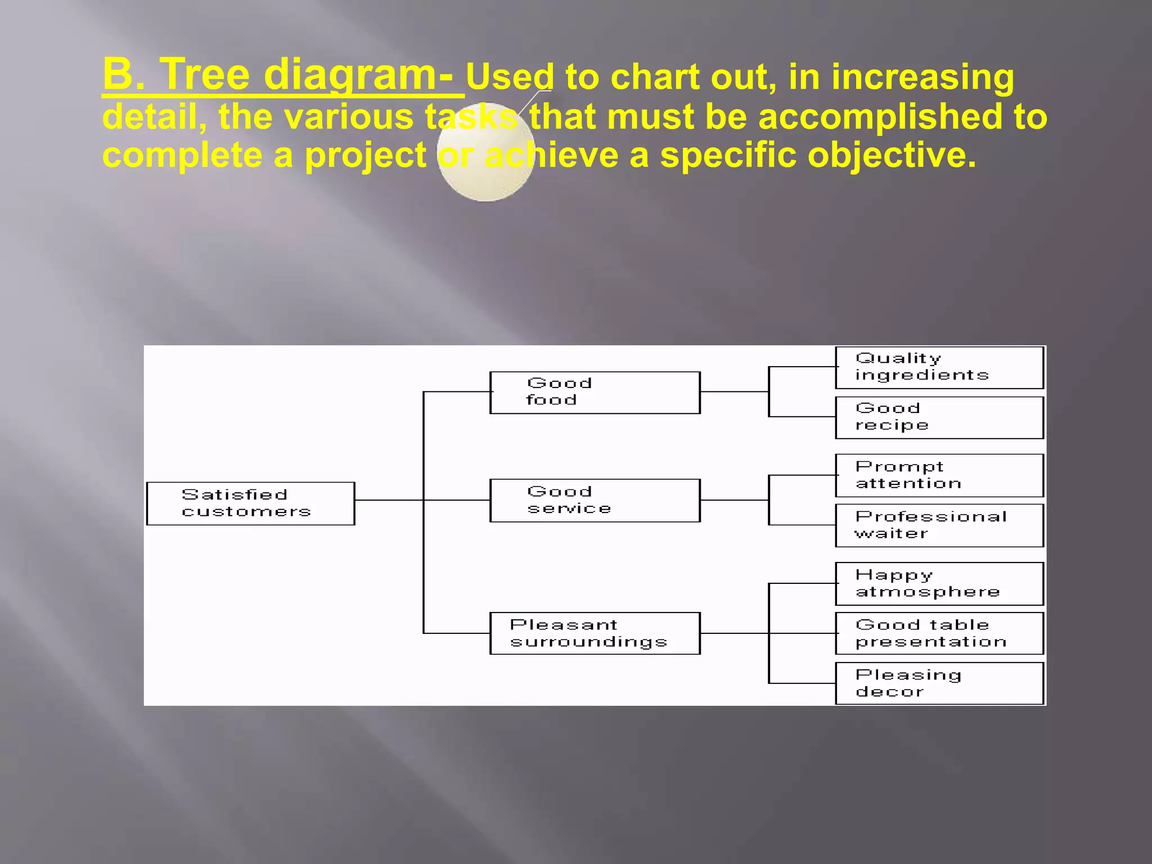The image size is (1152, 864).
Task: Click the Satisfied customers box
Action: pyautogui.click(x=250, y=503)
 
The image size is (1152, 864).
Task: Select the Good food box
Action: pyautogui.click(x=595, y=393)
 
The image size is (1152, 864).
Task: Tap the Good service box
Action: pyautogui.click(x=595, y=501)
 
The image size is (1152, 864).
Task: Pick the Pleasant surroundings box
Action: pyautogui.click(x=595, y=633)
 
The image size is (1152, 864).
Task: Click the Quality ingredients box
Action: pyautogui.click(x=939, y=367)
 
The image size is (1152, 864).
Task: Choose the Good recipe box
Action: pyautogui.click(x=939, y=417)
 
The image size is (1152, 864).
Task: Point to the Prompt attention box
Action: pyautogui.click(x=939, y=475)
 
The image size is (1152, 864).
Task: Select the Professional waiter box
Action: pyautogui.click(x=939, y=525)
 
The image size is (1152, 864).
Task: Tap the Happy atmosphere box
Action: pyautogui.click(x=939, y=584)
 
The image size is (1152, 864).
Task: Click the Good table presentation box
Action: pyautogui.click(x=939, y=633)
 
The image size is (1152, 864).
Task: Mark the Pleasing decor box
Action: pyautogui.click(x=939, y=683)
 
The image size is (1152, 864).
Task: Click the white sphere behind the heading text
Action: pyautogui.click(x=485, y=180)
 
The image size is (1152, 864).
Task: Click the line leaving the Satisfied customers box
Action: pyautogui.click(x=388, y=500)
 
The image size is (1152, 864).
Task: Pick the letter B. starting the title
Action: pyautogui.click(x=124, y=74)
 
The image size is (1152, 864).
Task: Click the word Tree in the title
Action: pyautogui.click(x=205, y=74)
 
